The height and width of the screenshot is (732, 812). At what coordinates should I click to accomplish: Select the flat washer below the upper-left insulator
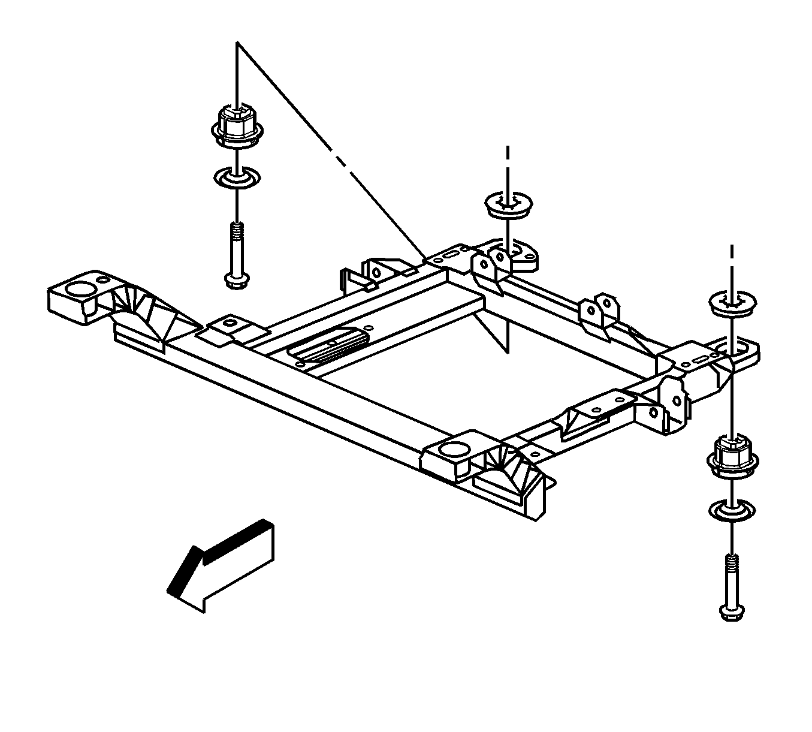(x=237, y=177)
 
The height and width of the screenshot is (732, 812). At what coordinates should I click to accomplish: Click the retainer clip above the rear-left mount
(x=508, y=204)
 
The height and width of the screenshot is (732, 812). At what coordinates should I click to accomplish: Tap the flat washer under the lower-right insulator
(x=732, y=510)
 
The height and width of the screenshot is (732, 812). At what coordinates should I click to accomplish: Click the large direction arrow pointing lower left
(x=222, y=566)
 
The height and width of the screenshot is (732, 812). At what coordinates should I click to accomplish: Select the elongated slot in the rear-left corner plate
(x=449, y=255)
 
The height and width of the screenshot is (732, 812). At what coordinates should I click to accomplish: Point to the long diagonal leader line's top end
(x=238, y=43)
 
